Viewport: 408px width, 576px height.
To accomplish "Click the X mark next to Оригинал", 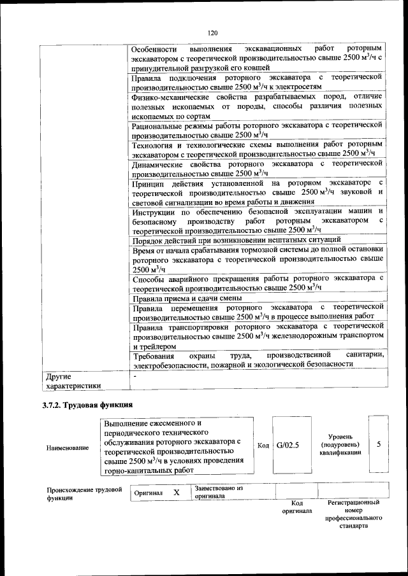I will (177, 493).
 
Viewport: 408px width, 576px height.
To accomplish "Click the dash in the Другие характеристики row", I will (135, 376).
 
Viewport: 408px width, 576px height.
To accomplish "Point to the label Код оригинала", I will (296, 507).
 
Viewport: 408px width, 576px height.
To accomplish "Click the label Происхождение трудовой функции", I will (84, 493).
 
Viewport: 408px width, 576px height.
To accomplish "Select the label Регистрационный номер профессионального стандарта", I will (353, 514).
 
